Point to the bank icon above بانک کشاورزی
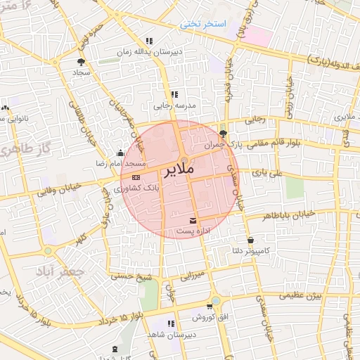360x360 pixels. (136, 178)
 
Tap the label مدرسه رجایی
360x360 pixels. (172, 106)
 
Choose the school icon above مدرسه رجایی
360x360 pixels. (174, 94)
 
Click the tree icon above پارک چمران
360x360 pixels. (223, 132)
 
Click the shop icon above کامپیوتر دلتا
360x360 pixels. (250, 240)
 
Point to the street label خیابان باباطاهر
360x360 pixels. (292, 217)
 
